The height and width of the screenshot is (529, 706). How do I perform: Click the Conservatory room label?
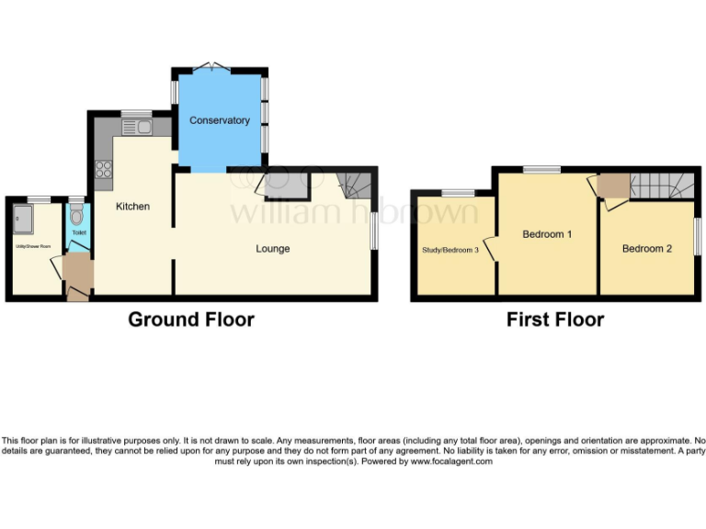click(220, 120)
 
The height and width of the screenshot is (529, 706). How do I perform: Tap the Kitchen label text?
click(132, 207)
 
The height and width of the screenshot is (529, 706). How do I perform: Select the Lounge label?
click(273, 249)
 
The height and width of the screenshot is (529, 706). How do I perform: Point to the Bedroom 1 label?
click(547, 234)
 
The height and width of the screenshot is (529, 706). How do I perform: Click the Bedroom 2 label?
click(647, 249)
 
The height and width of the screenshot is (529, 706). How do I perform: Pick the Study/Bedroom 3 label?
click(451, 250)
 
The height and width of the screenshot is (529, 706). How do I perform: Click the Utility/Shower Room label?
click(33, 247)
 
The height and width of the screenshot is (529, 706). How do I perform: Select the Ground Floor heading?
click(190, 320)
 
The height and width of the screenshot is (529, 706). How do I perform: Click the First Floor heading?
click(555, 320)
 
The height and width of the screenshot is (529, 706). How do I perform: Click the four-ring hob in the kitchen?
click(102, 169)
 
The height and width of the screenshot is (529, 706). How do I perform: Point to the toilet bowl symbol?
click(76, 214)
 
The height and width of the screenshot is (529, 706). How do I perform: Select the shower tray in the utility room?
click(23, 219)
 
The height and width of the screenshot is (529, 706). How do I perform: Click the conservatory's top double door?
click(217, 65)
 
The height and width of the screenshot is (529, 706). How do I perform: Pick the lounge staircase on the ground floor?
click(354, 184)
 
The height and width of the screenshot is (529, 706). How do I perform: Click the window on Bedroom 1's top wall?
click(541, 169)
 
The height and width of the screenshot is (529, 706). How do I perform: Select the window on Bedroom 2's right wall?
click(696, 237)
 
